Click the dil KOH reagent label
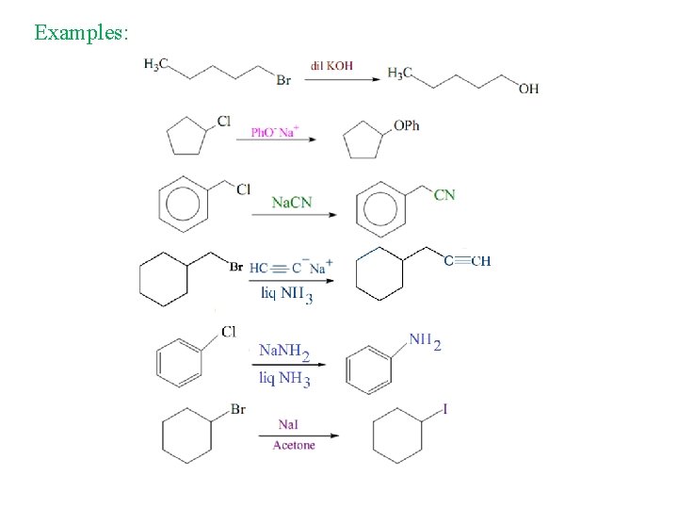[x=331, y=67]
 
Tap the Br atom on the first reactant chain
[x=283, y=81]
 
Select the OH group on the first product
[x=528, y=89]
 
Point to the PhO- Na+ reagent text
[x=274, y=132]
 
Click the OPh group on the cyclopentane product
[x=406, y=125]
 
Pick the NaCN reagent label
[x=292, y=202]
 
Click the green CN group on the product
[x=444, y=194]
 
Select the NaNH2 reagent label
[x=284, y=353]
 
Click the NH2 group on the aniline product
[x=424, y=341]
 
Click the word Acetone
[x=294, y=445]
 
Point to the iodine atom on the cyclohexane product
[x=445, y=409]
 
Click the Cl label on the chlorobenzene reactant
[x=229, y=331]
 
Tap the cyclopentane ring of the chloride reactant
[x=186, y=140]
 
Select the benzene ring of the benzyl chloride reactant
[x=185, y=204]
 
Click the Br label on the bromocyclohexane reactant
[x=238, y=409]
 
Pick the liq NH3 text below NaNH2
[x=284, y=379]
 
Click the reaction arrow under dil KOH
[x=340, y=79]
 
